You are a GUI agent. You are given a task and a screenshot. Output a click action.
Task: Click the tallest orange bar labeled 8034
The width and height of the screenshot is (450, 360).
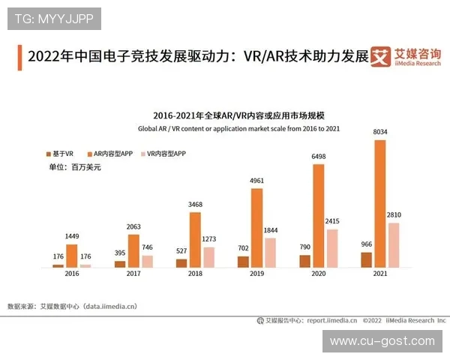[x=380, y=203]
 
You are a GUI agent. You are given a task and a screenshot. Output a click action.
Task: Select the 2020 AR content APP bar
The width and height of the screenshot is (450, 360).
[x=319, y=216]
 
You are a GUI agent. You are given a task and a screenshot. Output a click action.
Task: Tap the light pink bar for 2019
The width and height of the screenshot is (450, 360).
[x=271, y=253]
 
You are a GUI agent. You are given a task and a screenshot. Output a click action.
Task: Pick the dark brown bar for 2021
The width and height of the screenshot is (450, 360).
[x=366, y=259]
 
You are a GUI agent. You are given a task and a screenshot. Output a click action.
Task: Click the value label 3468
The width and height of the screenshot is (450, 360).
[x=195, y=205]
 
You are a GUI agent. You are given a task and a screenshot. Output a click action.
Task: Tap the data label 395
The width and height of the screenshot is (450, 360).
[x=120, y=253]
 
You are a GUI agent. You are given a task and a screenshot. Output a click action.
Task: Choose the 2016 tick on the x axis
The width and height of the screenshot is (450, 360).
[x=71, y=275]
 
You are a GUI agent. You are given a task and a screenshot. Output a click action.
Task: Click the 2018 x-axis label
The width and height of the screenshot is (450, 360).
[x=195, y=275]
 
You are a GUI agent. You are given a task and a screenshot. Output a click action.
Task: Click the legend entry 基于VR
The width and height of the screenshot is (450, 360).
[x=61, y=153]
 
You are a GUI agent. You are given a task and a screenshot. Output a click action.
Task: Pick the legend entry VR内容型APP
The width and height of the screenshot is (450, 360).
[x=166, y=153]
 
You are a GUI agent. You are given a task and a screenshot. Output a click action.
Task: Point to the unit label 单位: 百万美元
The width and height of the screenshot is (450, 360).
[x=75, y=167]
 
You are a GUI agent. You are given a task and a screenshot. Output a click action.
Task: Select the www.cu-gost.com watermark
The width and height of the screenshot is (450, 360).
[x=382, y=341]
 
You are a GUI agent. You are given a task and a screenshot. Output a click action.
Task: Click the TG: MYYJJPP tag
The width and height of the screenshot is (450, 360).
[x=54, y=19]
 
